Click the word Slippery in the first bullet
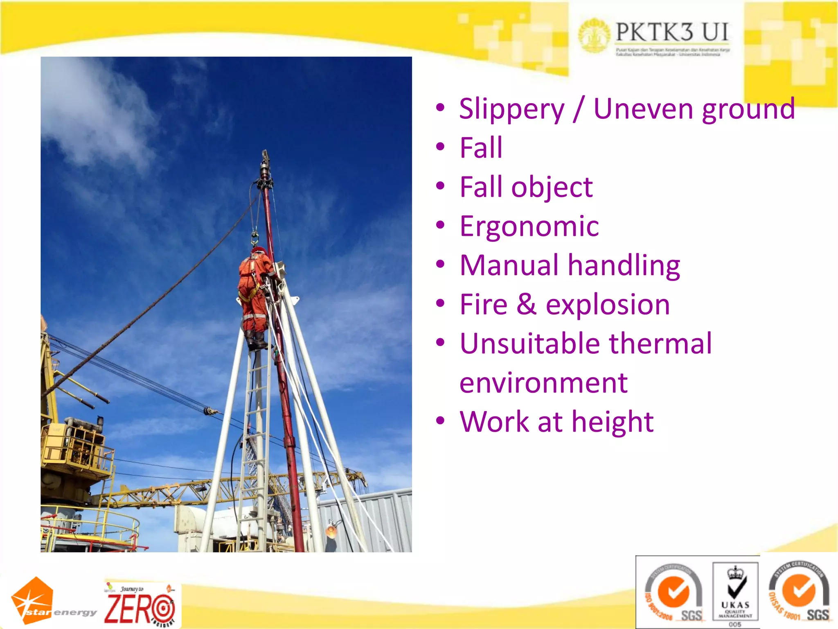(x=511, y=110)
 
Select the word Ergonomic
(x=529, y=226)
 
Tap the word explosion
(x=608, y=305)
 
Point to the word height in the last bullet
(x=613, y=422)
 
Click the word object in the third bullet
(x=552, y=187)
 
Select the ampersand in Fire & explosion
(x=526, y=305)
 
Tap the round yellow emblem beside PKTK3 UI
(x=594, y=35)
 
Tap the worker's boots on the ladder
(x=256, y=340)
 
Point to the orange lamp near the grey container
(x=331, y=531)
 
